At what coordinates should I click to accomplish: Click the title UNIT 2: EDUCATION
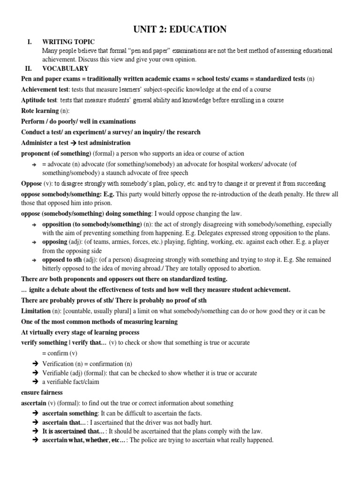click(x=180, y=30)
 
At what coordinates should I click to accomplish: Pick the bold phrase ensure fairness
click(x=42, y=392)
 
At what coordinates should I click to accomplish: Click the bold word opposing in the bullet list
click(x=54, y=241)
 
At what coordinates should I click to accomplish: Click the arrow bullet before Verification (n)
click(x=35, y=364)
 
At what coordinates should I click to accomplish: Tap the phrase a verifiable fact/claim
click(x=71, y=382)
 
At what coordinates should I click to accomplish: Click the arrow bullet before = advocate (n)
click(x=34, y=165)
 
